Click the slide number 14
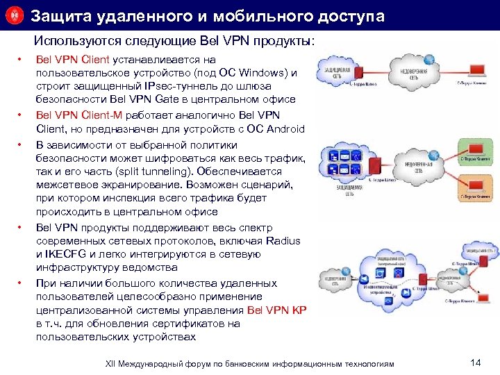475,362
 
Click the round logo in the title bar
15,15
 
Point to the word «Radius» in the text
283,240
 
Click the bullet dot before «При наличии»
21,283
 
